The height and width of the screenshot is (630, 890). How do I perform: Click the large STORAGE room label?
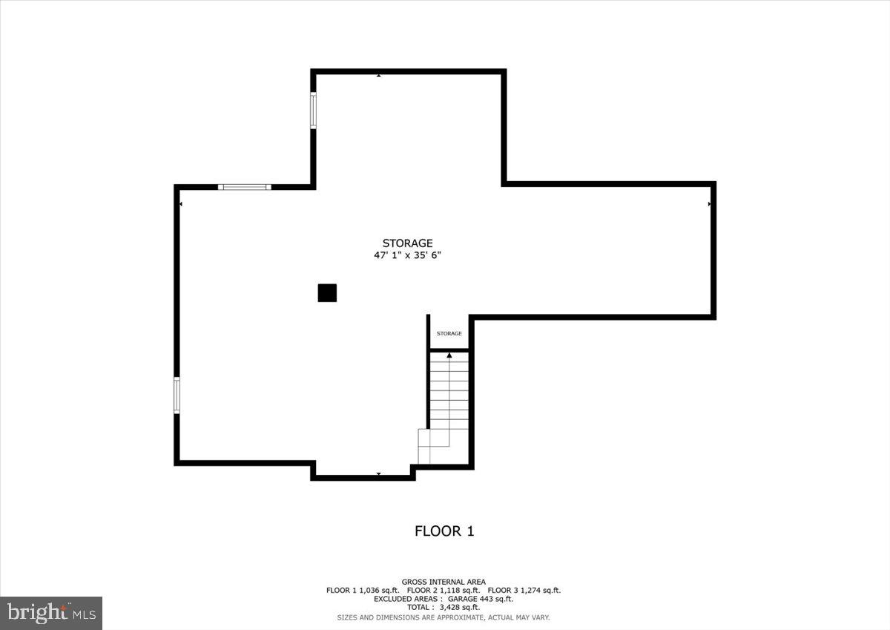(x=407, y=243)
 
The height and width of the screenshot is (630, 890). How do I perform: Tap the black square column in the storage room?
(x=327, y=293)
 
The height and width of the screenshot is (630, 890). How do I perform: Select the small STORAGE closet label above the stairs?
(x=449, y=334)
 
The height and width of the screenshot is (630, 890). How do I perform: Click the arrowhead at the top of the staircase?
(x=449, y=356)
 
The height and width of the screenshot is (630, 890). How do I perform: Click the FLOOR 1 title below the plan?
(x=444, y=531)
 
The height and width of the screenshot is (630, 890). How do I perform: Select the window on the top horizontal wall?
(x=245, y=187)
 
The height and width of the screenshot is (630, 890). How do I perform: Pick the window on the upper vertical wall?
(x=313, y=111)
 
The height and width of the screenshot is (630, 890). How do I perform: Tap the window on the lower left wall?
(x=177, y=395)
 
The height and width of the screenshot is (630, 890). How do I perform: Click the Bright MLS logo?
(x=51, y=613)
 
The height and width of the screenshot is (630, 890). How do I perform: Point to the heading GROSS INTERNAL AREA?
(x=444, y=582)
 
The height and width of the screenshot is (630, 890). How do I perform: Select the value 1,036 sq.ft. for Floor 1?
(x=379, y=591)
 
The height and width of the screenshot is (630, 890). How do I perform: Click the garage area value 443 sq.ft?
(x=493, y=599)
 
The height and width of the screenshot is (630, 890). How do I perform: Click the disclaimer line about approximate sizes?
(x=444, y=617)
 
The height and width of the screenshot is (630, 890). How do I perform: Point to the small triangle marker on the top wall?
(x=378, y=75)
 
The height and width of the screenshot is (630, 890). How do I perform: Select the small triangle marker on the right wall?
(x=710, y=203)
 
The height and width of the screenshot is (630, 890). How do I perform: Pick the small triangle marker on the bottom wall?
(x=378, y=473)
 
